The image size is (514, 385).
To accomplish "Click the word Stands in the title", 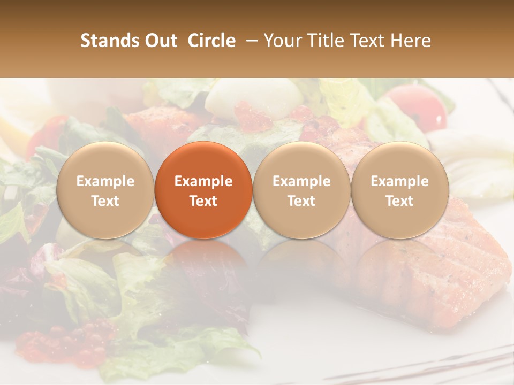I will point(110,41).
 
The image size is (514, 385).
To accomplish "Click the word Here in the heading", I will point(411,41).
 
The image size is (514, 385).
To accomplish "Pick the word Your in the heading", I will point(283,41).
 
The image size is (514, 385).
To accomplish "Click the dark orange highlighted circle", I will point(203,190).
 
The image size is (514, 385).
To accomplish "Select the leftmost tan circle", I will point(105,190).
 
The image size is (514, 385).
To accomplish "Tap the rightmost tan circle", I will point(399,190).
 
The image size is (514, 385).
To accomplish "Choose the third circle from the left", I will point(301,190).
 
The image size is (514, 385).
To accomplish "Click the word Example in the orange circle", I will point(203,181).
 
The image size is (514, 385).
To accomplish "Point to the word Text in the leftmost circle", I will point(105,201).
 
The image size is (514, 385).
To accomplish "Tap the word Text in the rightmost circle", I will point(399,201).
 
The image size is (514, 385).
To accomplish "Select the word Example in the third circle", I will point(301,181).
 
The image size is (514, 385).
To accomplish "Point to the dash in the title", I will point(249,41).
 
